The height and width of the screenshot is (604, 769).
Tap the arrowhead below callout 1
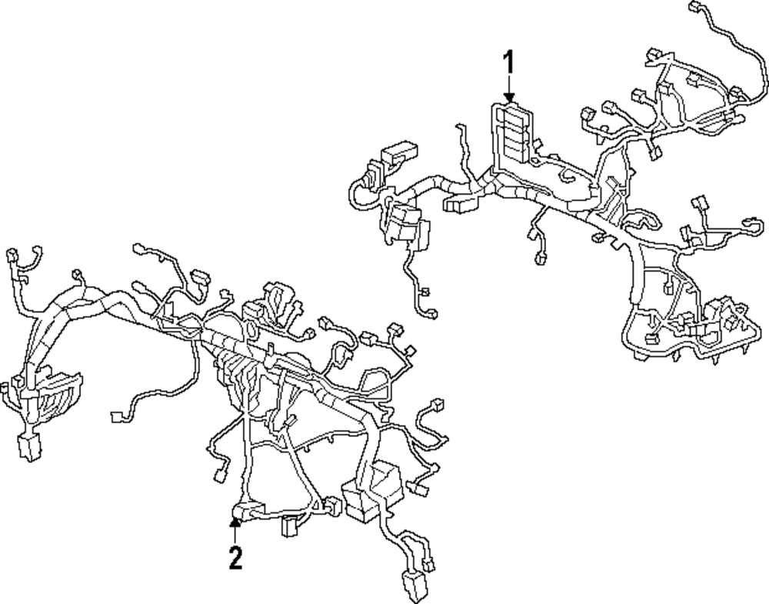[x=508, y=98]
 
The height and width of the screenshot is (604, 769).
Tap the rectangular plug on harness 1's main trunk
[x=460, y=203]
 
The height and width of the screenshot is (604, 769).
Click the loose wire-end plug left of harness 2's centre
[x=118, y=416]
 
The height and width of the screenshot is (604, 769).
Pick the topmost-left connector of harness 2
[x=12, y=254]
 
